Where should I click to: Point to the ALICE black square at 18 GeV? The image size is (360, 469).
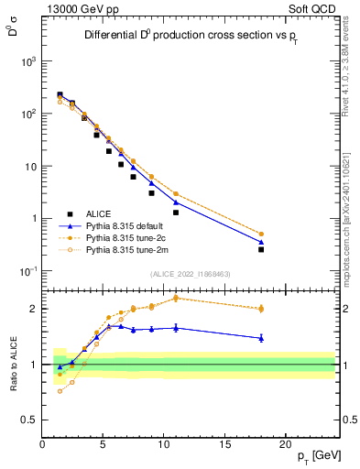pyautogui.click(x=261, y=249)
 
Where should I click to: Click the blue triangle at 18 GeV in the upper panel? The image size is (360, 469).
pyautogui.click(x=261, y=242)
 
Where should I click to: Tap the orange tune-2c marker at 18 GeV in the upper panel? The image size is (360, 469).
pyautogui.click(x=261, y=234)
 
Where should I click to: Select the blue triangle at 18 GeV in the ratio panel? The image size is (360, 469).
pyautogui.click(x=261, y=338)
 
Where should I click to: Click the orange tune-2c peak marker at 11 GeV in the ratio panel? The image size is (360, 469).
pyautogui.click(x=176, y=298)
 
